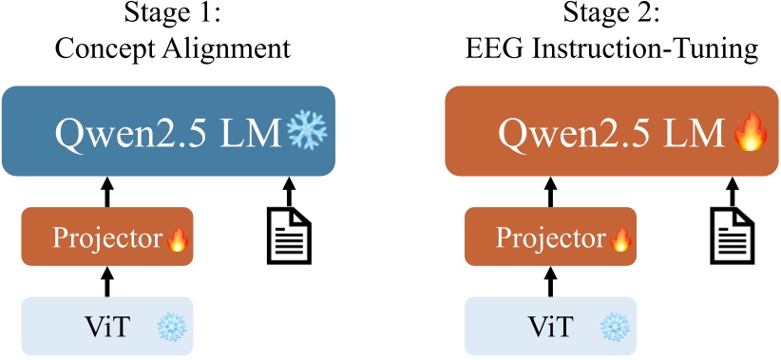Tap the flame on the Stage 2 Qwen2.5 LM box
coord(749,132)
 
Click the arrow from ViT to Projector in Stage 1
coord(106,281)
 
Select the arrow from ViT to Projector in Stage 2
coord(550,281)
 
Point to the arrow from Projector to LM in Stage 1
coord(106,191)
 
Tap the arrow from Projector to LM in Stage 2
coord(550,191)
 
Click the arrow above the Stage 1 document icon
coord(285,191)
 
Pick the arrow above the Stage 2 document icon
coord(729,191)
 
